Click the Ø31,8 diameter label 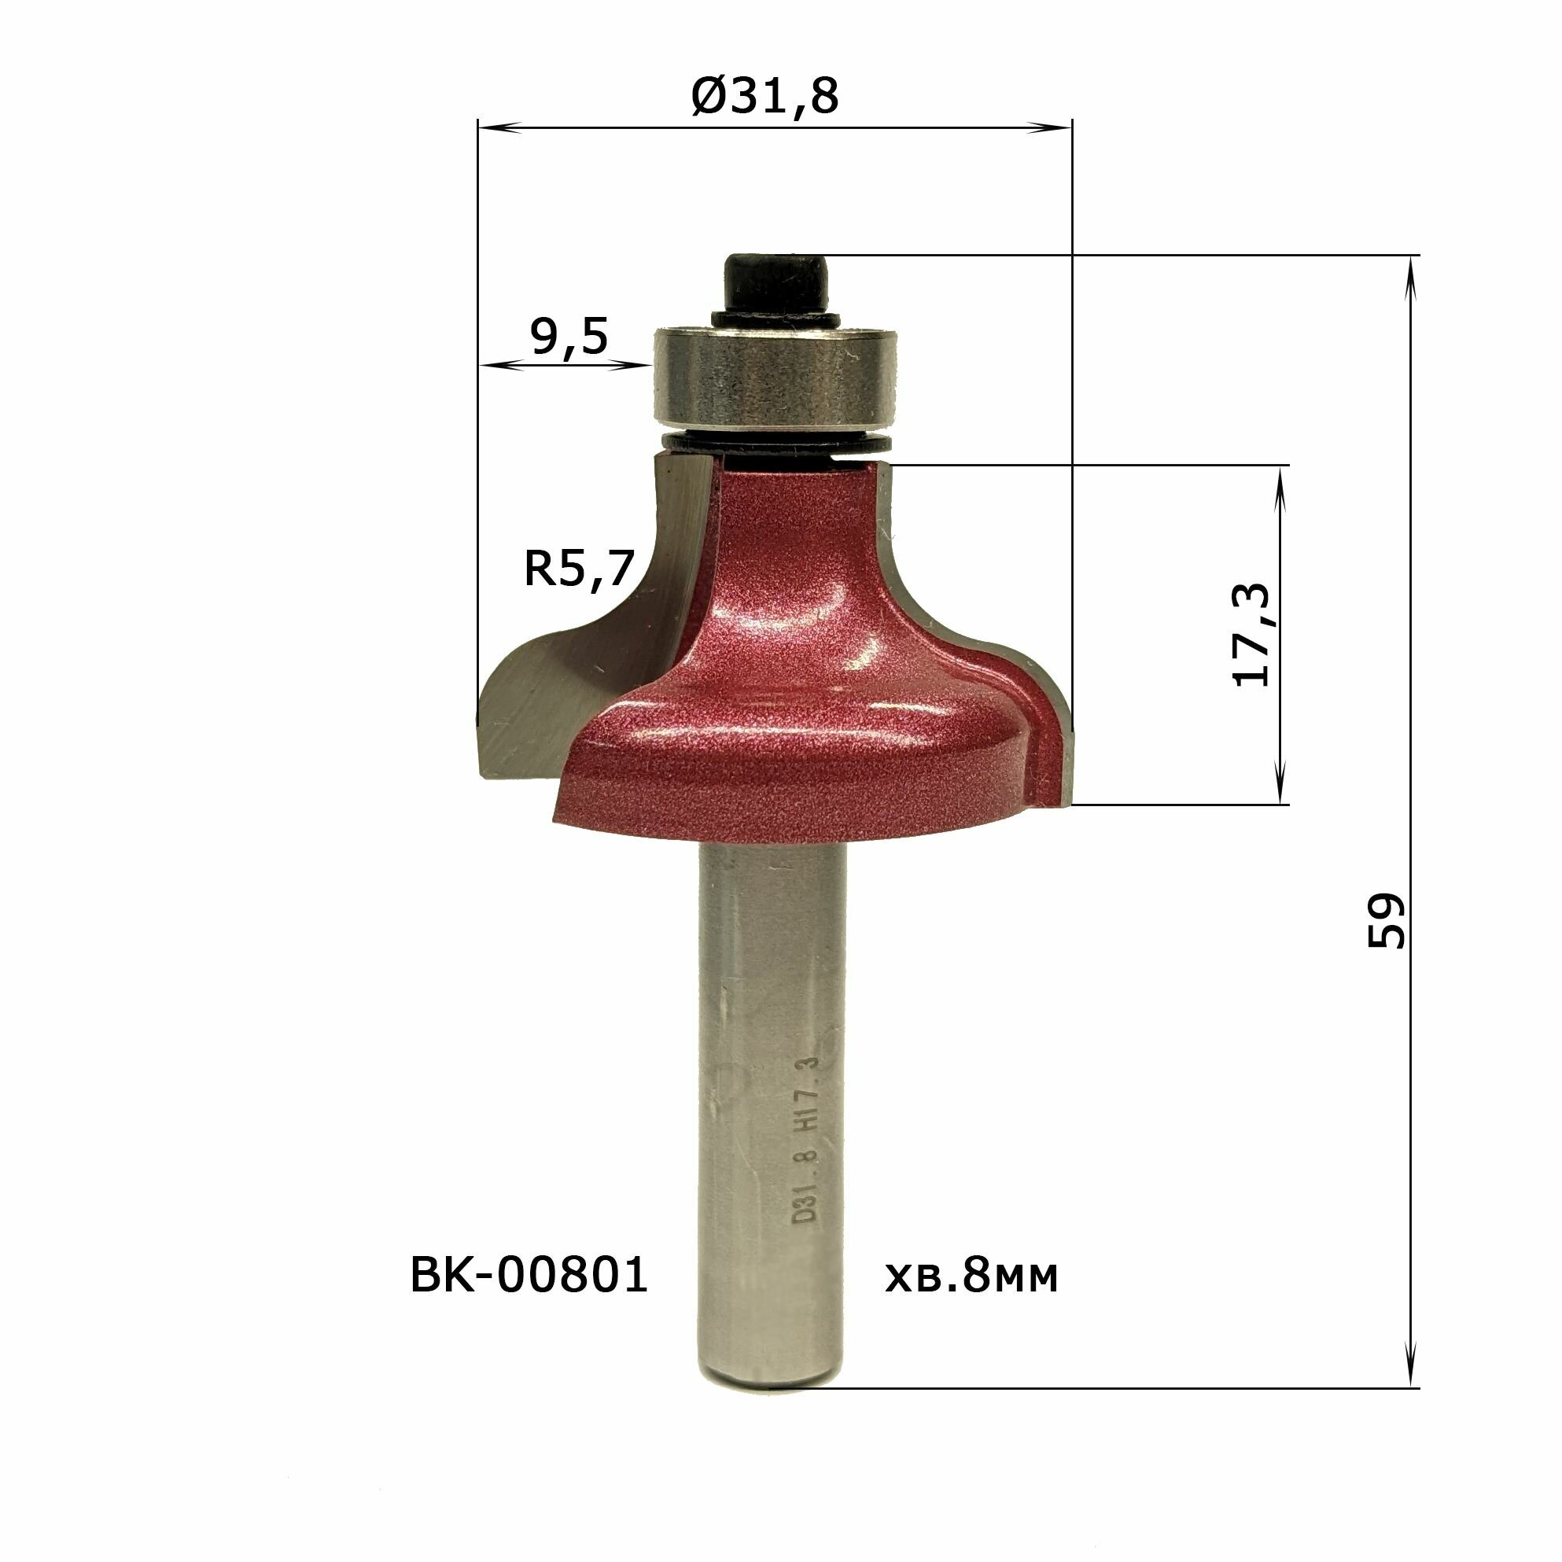pos(764,96)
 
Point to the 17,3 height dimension pos(1250,635)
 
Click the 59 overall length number pos(1386,920)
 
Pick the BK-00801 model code pos(529,1275)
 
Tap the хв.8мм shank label pos(971,1276)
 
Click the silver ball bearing pos(776,376)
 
